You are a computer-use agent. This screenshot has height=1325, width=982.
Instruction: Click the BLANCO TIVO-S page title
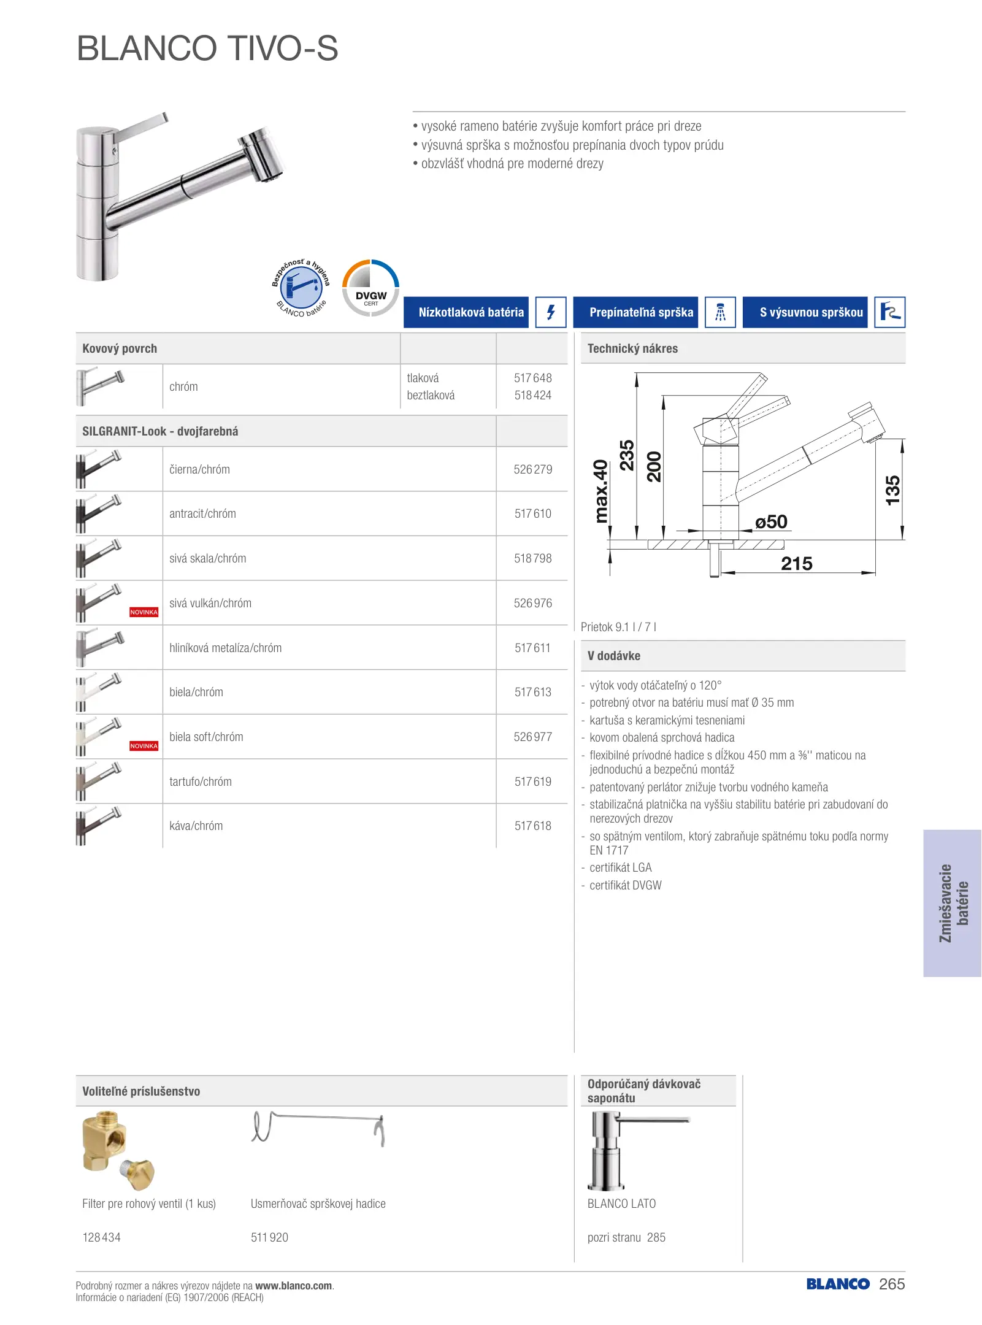click(207, 48)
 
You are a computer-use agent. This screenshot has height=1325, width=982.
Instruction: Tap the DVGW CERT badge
click(370, 288)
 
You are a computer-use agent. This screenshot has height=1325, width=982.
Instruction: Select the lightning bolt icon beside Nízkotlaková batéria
click(550, 312)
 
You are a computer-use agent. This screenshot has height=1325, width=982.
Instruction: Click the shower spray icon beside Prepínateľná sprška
click(720, 312)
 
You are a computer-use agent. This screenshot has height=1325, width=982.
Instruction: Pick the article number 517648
click(532, 378)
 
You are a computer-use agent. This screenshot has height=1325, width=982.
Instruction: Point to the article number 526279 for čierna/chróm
click(532, 469)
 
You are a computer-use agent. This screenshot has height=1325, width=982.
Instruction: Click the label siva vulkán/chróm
click(210, 603)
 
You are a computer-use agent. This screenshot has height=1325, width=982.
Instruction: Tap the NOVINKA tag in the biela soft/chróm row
click(144, 746)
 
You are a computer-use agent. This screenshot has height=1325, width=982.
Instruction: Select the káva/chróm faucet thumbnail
click(99, 826)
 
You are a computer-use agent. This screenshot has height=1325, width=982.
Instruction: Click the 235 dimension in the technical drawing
click(626, 455)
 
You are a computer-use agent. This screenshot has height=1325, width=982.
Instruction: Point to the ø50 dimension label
click(771, 522)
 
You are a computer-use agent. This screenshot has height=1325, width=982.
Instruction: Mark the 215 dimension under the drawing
click(796, 564)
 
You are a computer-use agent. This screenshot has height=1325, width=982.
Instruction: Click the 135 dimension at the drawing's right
click(892, 490)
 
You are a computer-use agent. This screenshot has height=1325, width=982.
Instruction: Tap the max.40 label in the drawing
click(601, 491)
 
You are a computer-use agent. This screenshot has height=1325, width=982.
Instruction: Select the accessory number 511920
click(269, 1237)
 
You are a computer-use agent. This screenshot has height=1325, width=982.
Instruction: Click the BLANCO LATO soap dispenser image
click(636, 1151)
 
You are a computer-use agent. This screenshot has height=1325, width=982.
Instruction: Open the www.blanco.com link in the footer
click(293, 1286)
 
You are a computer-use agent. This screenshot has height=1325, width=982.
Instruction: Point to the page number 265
click(892, 1284)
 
